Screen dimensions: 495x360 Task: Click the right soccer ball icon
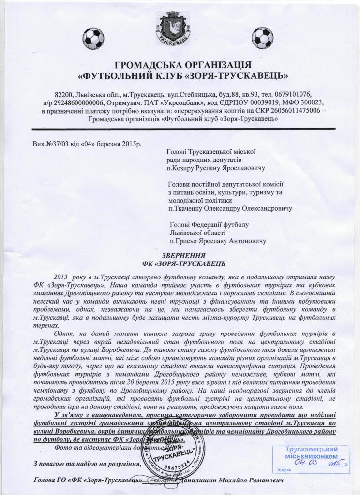coord(263,36)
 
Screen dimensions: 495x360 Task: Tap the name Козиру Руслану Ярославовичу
coord(216,168)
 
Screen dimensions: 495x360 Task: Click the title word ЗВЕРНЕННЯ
coord(183,255)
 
